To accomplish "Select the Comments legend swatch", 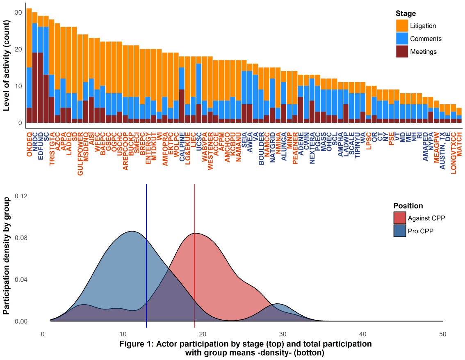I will click(402, 39).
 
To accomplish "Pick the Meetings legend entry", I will click(422, 52).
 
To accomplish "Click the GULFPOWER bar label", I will click(80, 151).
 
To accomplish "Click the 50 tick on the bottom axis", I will click(443, 334).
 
